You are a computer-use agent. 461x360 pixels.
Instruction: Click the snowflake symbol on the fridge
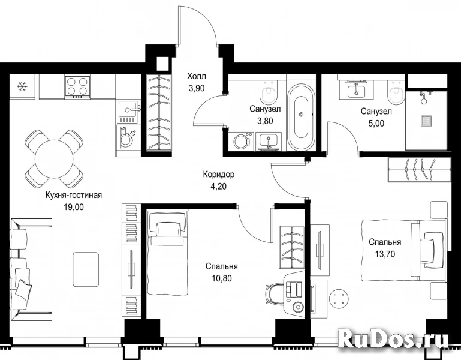[22, 86]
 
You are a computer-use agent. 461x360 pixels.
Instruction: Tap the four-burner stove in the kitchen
[77, 87]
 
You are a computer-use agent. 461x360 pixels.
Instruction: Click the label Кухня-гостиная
[74, 195]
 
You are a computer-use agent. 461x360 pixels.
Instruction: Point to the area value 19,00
[74, 207]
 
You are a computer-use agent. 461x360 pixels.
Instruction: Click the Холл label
[197, 77]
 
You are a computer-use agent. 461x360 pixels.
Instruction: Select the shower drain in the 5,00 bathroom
[426, 121]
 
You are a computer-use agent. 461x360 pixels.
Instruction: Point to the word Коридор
[219, 175]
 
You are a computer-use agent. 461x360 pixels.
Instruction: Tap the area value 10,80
[222, 278]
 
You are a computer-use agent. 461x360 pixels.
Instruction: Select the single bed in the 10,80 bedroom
[168, 252]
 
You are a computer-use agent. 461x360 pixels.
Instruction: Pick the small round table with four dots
[339, 298]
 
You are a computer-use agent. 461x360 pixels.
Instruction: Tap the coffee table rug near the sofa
[86, 269]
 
